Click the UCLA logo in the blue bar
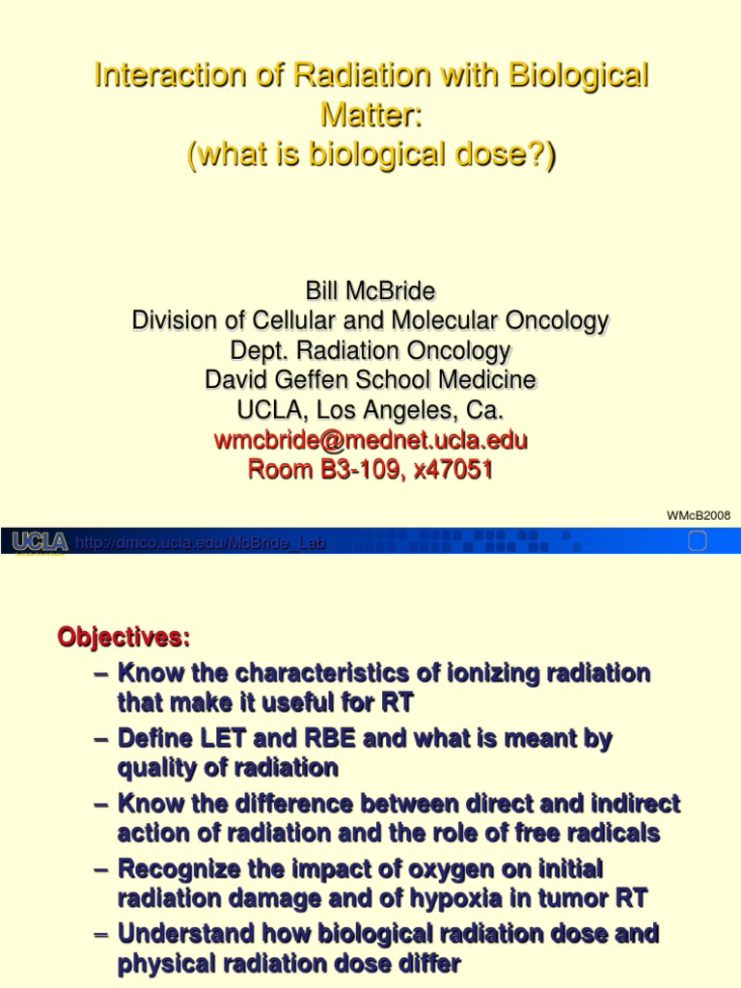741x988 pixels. (x=40, y=542)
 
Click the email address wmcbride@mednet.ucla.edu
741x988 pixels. (x=370, y=441)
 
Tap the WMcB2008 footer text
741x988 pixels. (x=699, y=515)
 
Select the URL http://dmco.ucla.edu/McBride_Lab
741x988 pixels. (x=200, y=543)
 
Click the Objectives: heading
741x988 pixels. (x=124, y=638)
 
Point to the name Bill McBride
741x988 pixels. (x=370, y=290)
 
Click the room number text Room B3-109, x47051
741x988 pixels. (x=370, y=471)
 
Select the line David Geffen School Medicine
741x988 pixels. (x=370, y=380)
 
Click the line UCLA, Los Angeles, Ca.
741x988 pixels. (x=370, y=410)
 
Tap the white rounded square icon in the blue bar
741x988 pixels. (x=698, y=541)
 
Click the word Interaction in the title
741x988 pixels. (x=156, y=75)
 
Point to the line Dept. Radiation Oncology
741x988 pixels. (x=370, y=350)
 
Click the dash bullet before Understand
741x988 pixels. (x=103, y=934)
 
